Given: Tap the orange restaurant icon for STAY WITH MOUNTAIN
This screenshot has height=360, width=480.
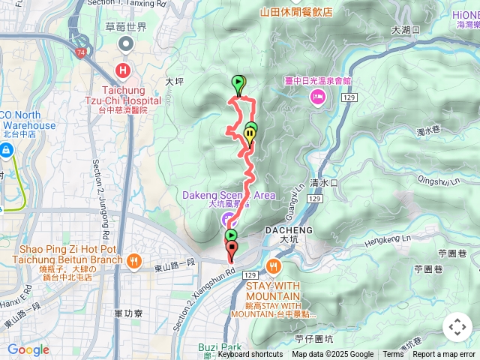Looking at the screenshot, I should click(271, 266).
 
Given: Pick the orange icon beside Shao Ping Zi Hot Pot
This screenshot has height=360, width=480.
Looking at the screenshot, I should click(134, 260).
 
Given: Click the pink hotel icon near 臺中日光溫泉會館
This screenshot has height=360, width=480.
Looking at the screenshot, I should click(318, 95).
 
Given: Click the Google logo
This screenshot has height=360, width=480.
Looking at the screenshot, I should click(28, 349).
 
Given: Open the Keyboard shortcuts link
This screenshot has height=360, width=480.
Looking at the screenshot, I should click(250, 355).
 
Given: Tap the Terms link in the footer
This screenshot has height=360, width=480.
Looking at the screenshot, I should click(393, 355).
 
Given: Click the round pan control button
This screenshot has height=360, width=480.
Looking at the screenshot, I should click(457, 327).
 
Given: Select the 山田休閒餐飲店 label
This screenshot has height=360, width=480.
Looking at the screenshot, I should click(296, 12).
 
